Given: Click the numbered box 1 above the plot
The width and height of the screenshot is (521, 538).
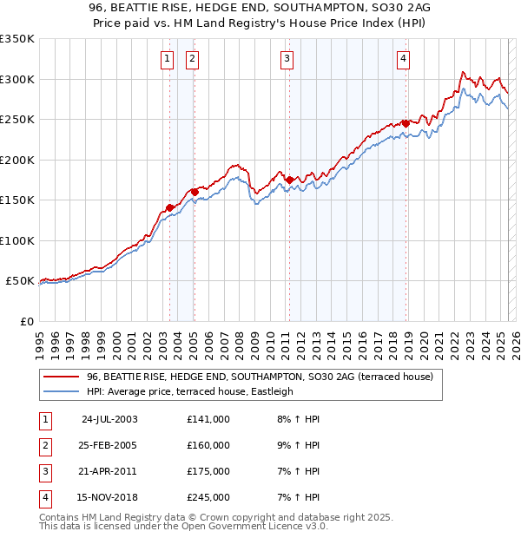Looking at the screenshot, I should (166, 59).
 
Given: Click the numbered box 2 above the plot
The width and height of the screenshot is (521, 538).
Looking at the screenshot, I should (191, 59).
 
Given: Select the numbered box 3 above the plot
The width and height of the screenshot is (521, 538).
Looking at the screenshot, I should (287, 59).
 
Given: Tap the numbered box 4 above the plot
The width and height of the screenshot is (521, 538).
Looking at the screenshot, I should (404, 59).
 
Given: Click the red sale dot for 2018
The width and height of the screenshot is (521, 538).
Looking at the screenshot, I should (406, 123).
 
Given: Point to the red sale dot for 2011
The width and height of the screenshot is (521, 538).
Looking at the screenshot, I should (289, 179).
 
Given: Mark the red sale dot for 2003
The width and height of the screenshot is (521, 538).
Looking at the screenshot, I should (170, 207).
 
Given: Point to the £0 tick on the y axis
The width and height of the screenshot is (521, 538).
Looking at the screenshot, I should (26, 322).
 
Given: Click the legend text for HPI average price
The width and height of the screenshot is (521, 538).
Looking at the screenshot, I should (190, 391).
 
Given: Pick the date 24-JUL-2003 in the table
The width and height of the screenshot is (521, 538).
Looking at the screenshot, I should (109, 419).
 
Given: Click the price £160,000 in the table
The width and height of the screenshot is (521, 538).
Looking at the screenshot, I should (208, 445).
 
